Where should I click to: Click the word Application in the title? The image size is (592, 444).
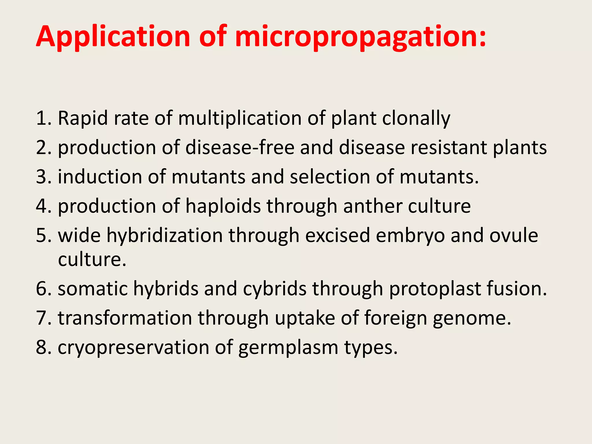click(113, 37)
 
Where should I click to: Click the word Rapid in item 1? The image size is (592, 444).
click(83, 118)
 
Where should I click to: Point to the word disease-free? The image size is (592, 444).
click(240, 147)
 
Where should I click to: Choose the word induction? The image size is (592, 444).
click(100, 177)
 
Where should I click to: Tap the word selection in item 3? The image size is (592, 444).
click(330, 177)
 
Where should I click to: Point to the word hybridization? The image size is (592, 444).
click(164, 235)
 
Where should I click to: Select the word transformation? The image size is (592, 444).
click(125, 318)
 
